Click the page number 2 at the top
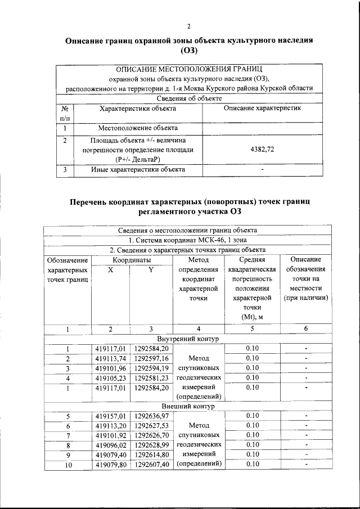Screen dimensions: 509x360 189,26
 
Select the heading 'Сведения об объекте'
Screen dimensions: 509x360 188,98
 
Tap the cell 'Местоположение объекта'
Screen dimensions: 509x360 138,128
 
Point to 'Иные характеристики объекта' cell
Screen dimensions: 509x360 138,169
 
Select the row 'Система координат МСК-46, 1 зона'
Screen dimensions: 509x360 188,240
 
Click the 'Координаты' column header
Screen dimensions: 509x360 131,260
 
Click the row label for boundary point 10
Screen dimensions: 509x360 67,465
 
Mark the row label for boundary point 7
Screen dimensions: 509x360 67,435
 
